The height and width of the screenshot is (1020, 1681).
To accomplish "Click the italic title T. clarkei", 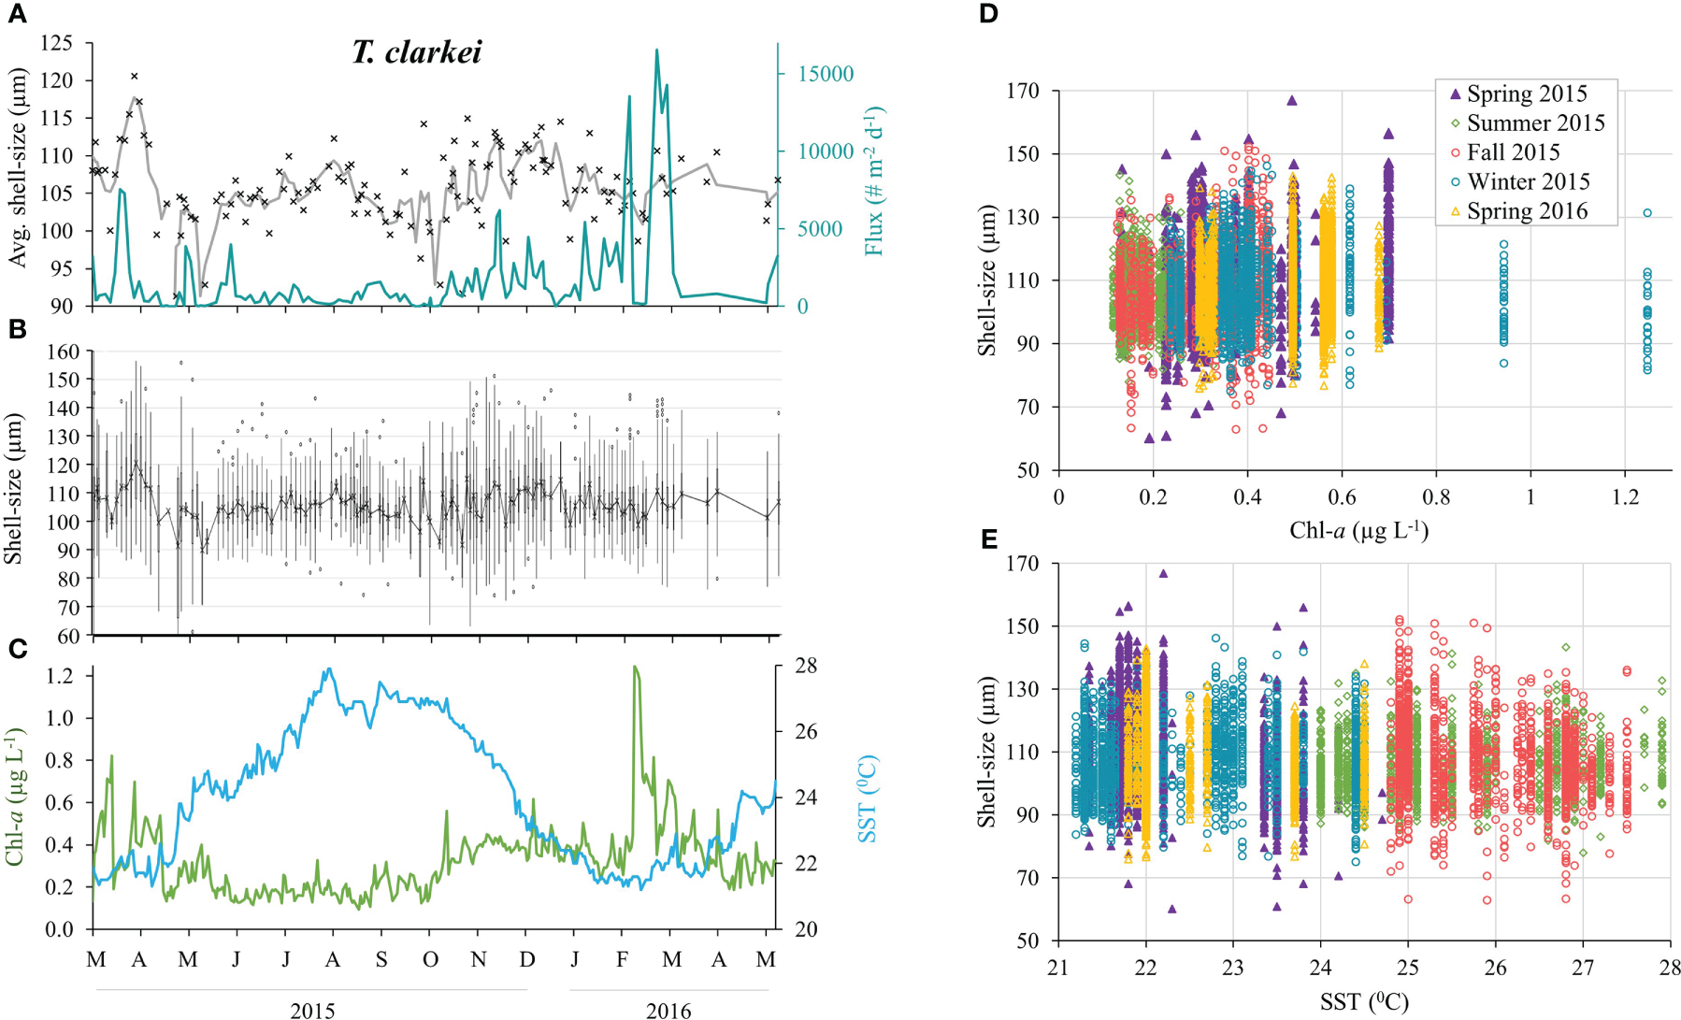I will (x=416, y=52).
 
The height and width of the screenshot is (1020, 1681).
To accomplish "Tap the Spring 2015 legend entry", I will (x=1526, y=93).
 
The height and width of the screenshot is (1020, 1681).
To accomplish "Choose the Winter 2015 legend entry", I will (x=1528, y=181).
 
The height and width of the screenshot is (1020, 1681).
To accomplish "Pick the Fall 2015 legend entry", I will (x=1513, y=152).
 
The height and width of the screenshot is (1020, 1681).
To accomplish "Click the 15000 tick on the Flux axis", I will (x=824, y=74).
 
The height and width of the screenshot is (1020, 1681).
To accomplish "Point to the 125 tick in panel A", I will (x=57, y=43).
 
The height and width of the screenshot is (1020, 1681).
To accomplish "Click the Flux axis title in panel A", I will (x=875, y=180).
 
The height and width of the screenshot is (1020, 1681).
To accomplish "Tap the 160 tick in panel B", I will (x=63, y=352).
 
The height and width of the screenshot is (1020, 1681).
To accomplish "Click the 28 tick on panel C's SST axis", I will (x=806, y=666).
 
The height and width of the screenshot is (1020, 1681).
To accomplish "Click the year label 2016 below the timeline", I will (x=668, y=1010).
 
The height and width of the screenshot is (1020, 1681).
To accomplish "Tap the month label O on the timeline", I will (x=430, y=959).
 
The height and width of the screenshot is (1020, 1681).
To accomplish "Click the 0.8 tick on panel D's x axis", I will (x=1436, y=496).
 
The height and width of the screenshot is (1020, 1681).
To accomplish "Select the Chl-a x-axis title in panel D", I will (x=1358, y=531).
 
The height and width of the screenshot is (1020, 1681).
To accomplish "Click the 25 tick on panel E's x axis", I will (x=1408, y=967).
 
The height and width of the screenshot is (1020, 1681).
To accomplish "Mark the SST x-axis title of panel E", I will (x=1363, y=1003).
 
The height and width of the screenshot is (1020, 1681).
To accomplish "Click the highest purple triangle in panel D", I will (x=1292, y=100).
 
